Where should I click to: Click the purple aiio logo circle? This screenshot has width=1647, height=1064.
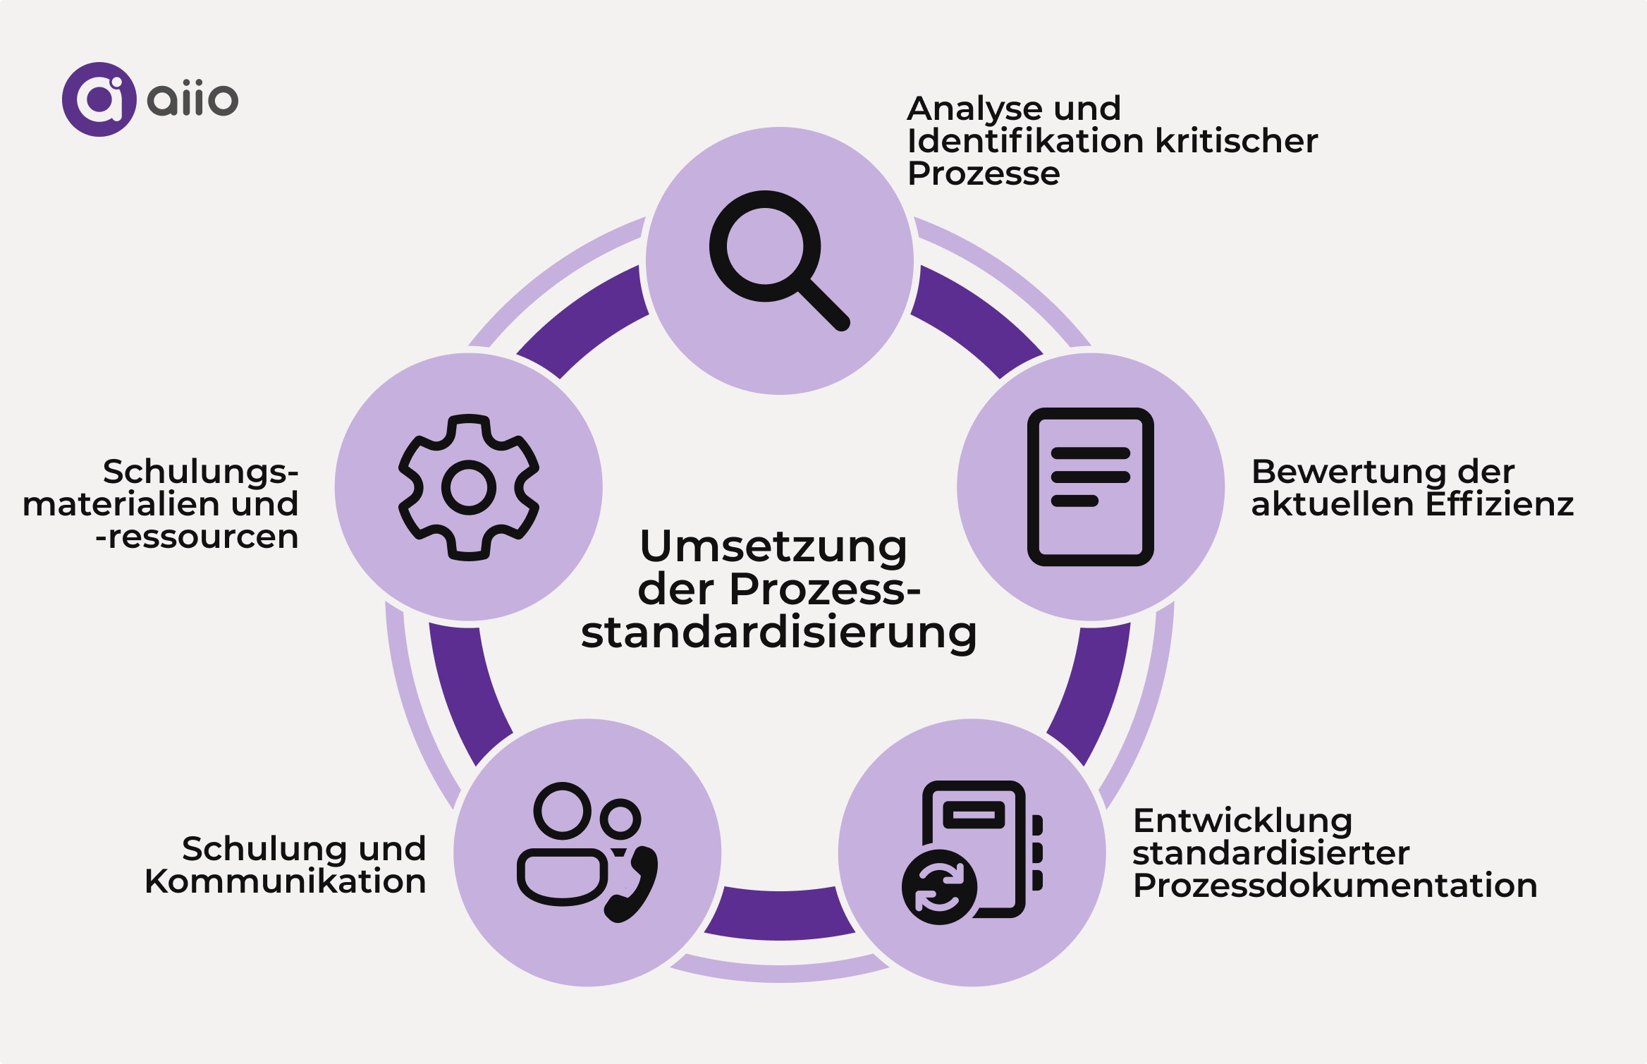click(x=99, y=99)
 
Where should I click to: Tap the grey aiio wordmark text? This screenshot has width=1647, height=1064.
click(x=192, y=99)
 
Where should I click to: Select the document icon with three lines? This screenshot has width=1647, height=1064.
click(x=1090, y=487)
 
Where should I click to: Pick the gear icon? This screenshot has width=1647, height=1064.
click(x=469, y=487)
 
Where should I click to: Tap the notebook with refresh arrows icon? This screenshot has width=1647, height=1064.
click(x=972, y=852)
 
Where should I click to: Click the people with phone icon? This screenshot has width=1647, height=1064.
click(x=587, y=852)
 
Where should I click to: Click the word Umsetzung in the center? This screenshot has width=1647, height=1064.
click(x=773, y=546)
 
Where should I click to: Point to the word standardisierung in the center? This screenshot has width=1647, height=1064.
click(x=779, y=632)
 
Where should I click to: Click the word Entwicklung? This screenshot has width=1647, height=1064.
click(x=1243, y=821)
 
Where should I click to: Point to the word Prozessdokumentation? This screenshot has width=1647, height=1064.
click(x=1335, y=886)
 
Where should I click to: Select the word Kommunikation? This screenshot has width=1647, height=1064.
click(x=286, y=881)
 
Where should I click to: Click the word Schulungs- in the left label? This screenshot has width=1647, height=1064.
click(x=201, y=472)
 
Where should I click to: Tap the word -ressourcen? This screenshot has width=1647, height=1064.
click(x=197, y=537)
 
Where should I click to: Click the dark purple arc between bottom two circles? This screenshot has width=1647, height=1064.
click(x=780, y=915)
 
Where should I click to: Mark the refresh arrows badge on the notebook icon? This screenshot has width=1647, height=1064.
click(x=939, y=887)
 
